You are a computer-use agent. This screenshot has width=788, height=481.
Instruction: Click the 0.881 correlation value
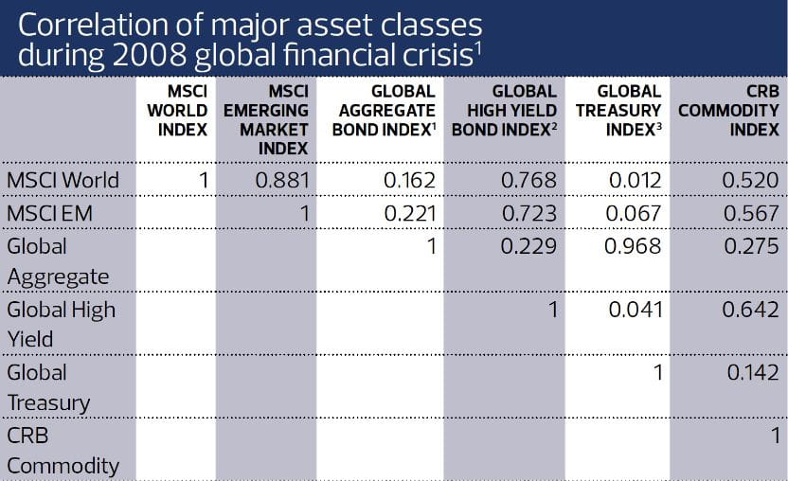(x=282, y=180)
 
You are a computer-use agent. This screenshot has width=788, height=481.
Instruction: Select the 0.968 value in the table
(x=634, y=246)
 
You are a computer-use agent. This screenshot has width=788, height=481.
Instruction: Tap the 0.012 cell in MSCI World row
(x=634, y=180)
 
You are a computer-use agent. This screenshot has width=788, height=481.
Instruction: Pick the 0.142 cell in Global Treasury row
(x=752, y=372)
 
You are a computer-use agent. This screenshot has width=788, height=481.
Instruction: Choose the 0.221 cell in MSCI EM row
(x=409, y=213)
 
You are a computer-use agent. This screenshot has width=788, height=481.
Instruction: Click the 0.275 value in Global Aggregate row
(x=752, y=246)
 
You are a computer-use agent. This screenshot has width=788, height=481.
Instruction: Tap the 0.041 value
(x=634, y=309)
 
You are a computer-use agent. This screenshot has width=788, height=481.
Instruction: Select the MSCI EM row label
(x=49, y=213)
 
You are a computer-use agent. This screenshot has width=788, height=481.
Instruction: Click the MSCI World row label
(x=63, y=180)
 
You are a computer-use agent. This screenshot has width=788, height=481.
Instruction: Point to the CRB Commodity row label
(x=63, y=451)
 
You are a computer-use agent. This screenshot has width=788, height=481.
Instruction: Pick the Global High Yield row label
(x=61, y=324)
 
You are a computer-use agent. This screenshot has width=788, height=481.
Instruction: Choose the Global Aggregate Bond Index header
(x=383, y=111)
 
